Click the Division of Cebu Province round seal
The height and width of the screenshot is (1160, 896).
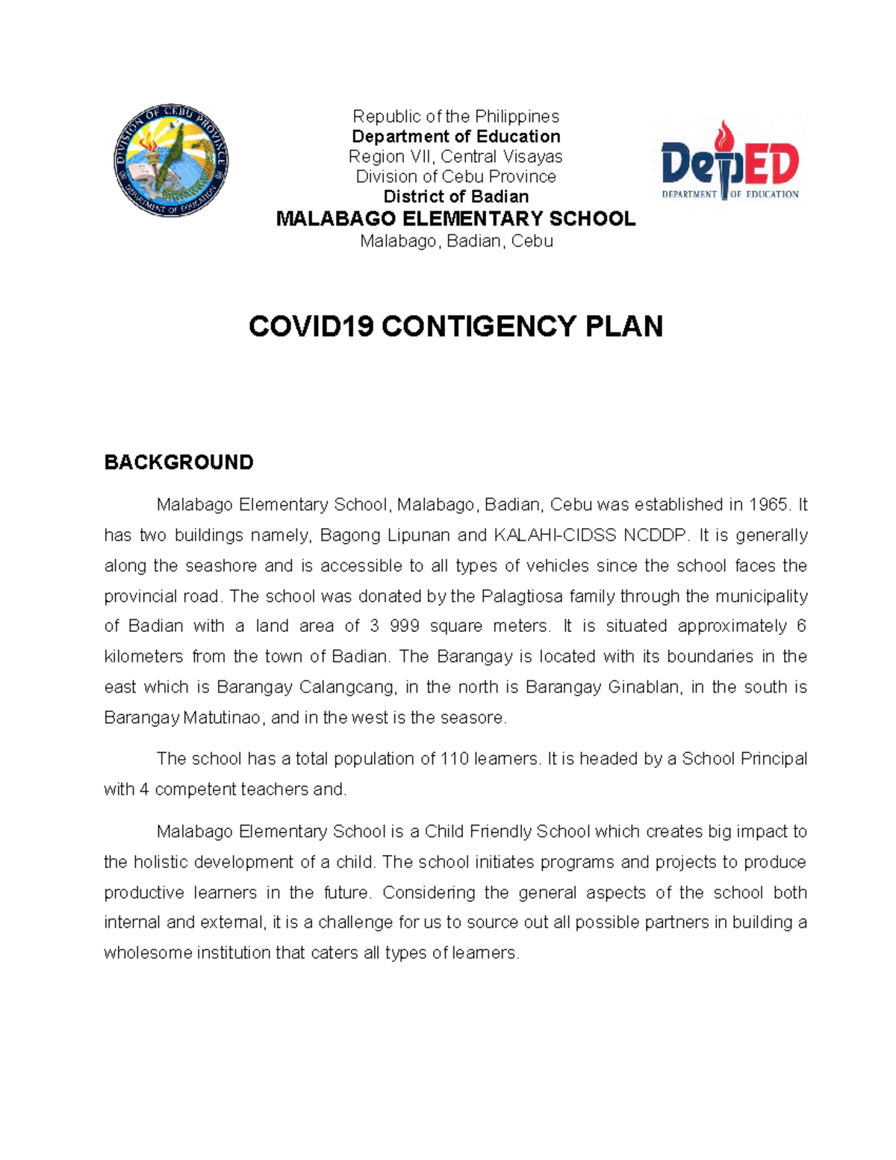(171, 161)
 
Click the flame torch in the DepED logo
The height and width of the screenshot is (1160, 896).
(723, 139)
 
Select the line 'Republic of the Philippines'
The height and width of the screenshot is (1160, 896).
(455, 117)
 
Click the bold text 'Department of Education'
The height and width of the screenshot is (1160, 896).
(455, 137)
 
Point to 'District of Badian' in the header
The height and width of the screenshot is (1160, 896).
(455, 197)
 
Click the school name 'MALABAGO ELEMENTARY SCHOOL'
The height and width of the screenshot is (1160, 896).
(455, 219)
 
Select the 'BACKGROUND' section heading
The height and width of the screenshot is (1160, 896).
(178, 462)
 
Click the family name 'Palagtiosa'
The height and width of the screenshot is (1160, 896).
(522, 596)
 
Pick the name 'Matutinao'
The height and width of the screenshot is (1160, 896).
(223, 718)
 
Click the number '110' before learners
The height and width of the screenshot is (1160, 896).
(455, 759)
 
